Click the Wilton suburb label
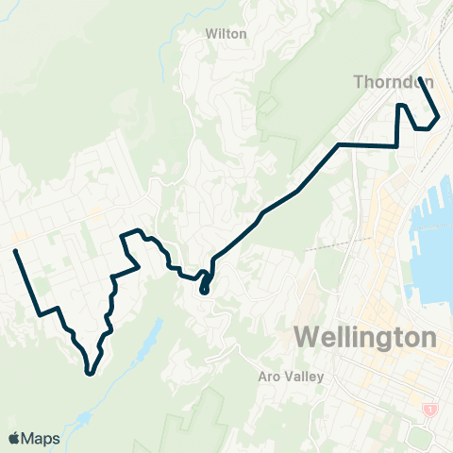click(x=226, y=34)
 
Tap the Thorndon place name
click(x=394, y=82)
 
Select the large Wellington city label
click(x=365, y=337)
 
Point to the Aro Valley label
click(x=291, y=377)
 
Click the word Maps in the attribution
click(x=44, y=438)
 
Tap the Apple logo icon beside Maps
click(x=14, y=438)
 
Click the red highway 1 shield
click(x=430, y=408)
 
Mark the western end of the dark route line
click(x=15, y=251)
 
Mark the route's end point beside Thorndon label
click(x=421, y=84)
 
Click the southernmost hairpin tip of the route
click(x=88, y=373)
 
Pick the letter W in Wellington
click(x=308, y=337)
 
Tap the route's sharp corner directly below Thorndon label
click(x=396, y=146)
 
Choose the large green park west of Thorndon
click(x=302, y=104)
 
